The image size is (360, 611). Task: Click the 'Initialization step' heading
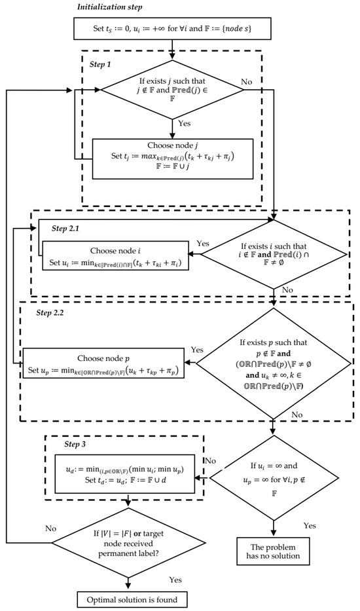click(x=112, y=7)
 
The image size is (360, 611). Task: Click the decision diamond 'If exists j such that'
click(x=172, y=91)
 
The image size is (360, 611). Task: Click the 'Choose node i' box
click(x=115, y=256)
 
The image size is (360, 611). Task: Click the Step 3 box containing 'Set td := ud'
click(x=134, y=475)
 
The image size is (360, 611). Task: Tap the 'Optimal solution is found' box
click(x=134, y=599)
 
